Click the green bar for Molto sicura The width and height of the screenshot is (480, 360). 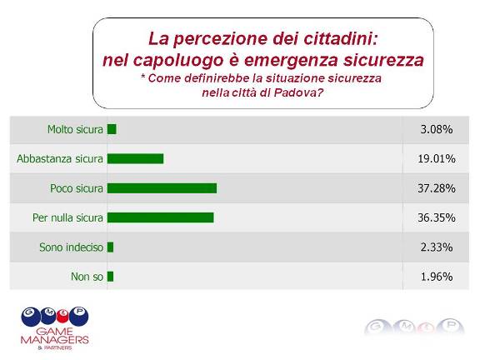(112, 129)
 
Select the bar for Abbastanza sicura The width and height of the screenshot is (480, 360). (135, 158)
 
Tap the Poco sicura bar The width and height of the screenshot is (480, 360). (162, 188)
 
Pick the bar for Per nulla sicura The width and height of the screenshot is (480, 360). (160, 217)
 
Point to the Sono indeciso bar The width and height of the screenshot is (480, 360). (111, 247)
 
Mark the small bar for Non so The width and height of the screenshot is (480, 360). (111, 277)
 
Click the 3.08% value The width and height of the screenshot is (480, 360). (437, 129)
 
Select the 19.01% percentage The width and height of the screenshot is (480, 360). (437, 159)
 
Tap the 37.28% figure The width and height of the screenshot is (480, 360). (437, 188)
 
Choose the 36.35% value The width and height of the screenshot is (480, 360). (437, 217)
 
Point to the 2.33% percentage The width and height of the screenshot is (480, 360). (437, 247)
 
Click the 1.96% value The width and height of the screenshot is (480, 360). (437, 277)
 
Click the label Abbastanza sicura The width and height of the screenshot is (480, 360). (60, 159)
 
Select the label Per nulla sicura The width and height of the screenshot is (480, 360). (68, 217)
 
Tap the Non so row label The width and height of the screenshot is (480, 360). (87, 277)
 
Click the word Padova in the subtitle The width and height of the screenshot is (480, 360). (299, 92)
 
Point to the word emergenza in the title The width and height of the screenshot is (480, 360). (291, 61)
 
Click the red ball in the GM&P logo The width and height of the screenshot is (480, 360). (62, 317)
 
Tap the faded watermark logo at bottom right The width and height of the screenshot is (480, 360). (414, 327)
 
